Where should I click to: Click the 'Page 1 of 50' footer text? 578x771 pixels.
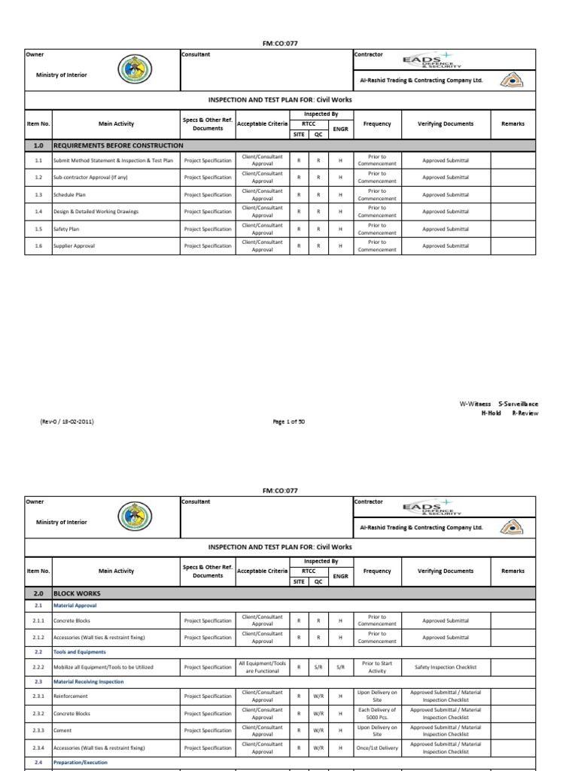289,422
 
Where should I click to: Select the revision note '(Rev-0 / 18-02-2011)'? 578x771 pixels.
67,422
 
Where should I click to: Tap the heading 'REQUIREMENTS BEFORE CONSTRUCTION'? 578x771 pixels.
118,145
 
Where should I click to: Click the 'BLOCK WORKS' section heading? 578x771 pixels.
75,593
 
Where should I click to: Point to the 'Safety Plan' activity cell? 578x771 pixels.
68,229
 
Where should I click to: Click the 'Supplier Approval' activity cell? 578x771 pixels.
74,246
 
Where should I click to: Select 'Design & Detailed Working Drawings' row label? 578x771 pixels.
96,212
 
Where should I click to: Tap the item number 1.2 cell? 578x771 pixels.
38,178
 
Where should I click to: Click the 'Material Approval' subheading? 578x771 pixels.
75,605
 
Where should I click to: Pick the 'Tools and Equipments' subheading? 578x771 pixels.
79,652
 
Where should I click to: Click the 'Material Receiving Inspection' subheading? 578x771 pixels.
89,681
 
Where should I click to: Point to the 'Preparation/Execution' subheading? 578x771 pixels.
81,762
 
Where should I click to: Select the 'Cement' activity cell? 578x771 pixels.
63,730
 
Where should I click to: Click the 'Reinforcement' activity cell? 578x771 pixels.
70,696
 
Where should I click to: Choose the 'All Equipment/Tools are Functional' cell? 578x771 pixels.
262,667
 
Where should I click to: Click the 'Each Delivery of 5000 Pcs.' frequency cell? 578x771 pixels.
377,714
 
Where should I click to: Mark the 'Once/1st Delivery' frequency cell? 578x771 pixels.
377,748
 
